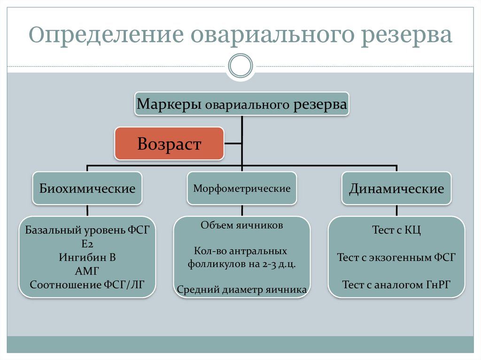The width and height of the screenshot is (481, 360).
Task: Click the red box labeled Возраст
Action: click(x=169, y=143)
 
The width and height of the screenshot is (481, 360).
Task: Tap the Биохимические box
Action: click(x=87, y=189)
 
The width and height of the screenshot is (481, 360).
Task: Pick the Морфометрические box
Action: click(x=242, y=189)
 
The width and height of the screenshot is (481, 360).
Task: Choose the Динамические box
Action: click(x=396, y=189)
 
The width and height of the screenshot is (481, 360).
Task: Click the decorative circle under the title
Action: click(x=240, y=66)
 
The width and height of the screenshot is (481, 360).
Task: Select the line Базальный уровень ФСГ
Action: click(x=87, y=230)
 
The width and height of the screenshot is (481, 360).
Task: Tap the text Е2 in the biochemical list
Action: click(x=87, y=244)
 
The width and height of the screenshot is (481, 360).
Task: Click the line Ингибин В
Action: click(x=87, y=258)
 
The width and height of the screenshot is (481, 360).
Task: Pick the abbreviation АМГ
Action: click(x=87, y=271)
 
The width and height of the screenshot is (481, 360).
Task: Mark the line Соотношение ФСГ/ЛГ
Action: click(x=87, y=284)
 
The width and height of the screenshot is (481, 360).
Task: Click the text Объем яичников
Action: click(x=242, y=225)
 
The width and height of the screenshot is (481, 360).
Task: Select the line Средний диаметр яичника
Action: click(x=242, y=290)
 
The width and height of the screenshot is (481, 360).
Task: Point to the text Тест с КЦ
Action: click(x=396, y=230)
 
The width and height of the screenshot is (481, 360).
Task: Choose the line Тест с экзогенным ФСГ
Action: click(x=396, y=257)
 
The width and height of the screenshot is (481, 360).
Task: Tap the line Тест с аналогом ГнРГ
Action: click(x=396, y=284)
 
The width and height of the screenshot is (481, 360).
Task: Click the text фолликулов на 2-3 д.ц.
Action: click(x=242, y=264)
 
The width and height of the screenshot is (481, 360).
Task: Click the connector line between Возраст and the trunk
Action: click(x=233, y=143)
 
